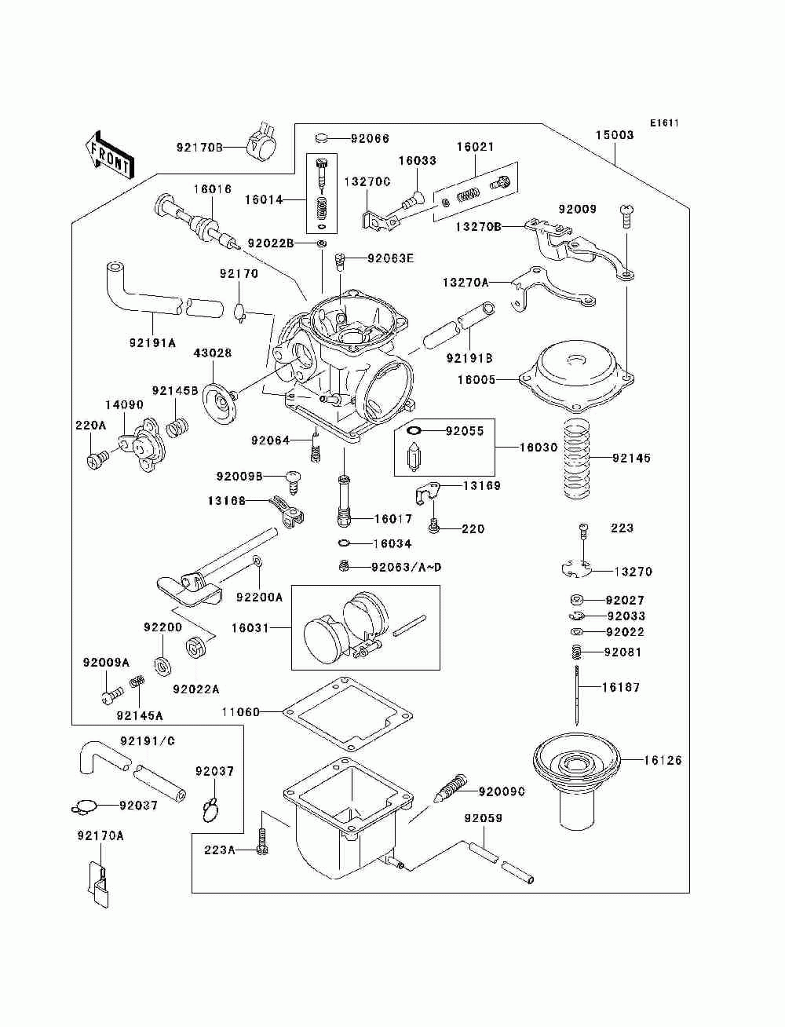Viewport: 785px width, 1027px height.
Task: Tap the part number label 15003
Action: point(614,135)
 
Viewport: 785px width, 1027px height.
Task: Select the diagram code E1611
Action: point(664,123)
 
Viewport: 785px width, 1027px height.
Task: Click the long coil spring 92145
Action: point(579,458)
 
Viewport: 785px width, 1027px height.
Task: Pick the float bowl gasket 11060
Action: point(348,714)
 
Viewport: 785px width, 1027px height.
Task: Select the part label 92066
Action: point(370,138)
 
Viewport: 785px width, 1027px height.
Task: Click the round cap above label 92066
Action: point(320,138)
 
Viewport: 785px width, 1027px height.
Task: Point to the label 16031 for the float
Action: point(250,628)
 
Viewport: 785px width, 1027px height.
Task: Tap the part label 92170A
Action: point(100,835)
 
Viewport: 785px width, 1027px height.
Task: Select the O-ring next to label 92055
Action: point(414,430)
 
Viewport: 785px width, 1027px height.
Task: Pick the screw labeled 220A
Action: point(97,459)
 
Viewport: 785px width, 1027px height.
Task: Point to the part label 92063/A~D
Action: point(406,568)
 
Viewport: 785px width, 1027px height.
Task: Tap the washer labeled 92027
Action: point(576,600)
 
